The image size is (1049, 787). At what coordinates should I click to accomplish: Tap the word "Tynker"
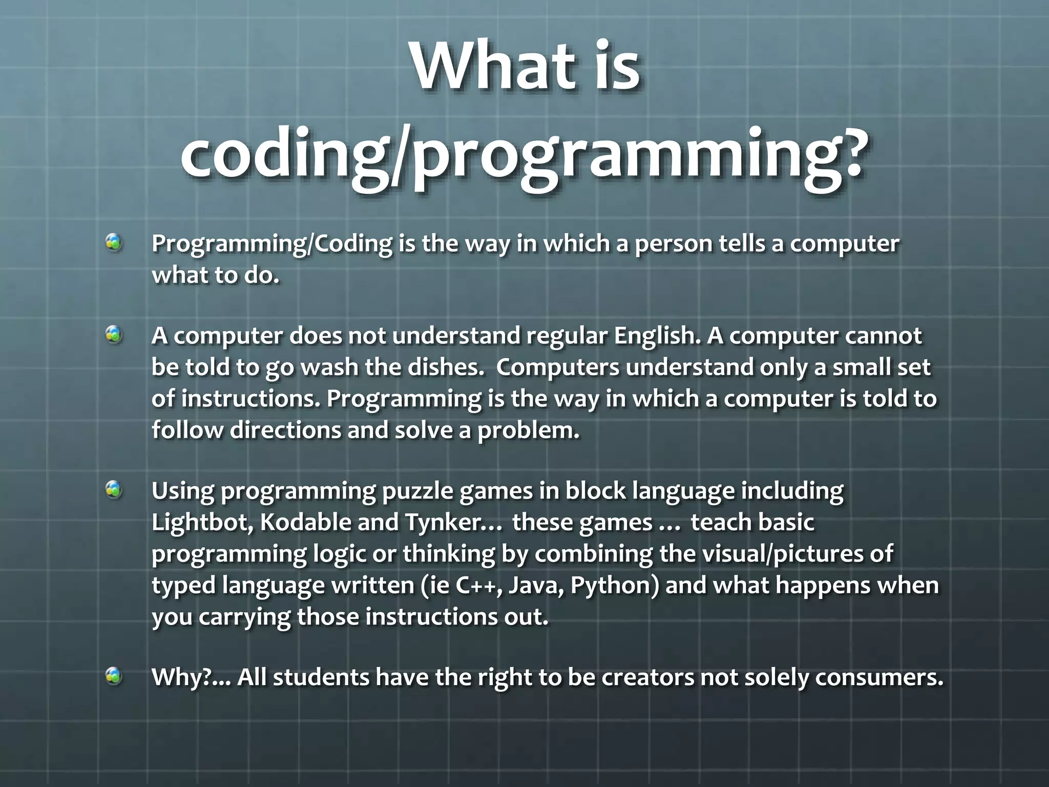pyautogui.click(x=444, y=523)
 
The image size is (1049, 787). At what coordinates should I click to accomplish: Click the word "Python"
pyautogui.click(x=610, y=585)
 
